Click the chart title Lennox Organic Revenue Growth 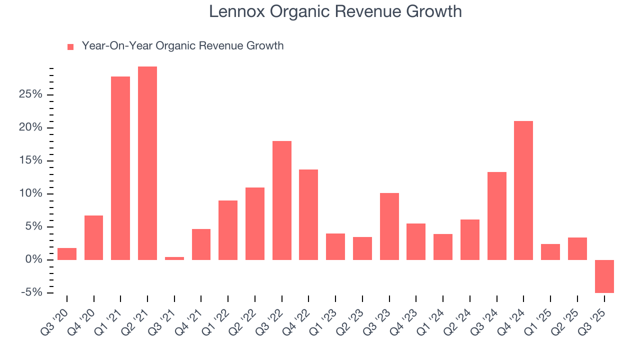click(335, 11)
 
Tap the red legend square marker click(70, 46)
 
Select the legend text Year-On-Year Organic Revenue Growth click(182, 46)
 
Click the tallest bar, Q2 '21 click(147, 163)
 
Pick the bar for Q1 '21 click(120, 168)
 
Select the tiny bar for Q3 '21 click(174, 258)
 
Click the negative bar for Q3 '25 click(604, 276)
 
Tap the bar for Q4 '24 click(523, 190)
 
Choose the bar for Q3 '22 click(282, 200)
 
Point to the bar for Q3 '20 click(67, 253)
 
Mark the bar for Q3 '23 click(389, 226)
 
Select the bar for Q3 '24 click(497, 215)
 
